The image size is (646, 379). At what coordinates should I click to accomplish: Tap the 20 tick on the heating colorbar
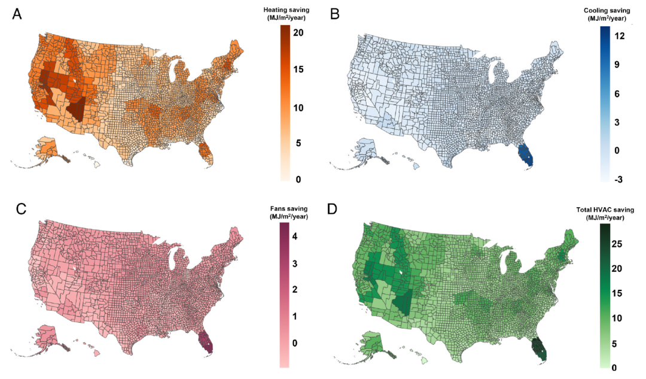coord(300,33)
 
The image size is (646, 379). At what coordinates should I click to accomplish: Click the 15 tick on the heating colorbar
coord(299,69)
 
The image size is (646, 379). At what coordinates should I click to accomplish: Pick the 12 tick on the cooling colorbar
coord(620,36)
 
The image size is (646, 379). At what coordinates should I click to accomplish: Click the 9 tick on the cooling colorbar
coord(620,65)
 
